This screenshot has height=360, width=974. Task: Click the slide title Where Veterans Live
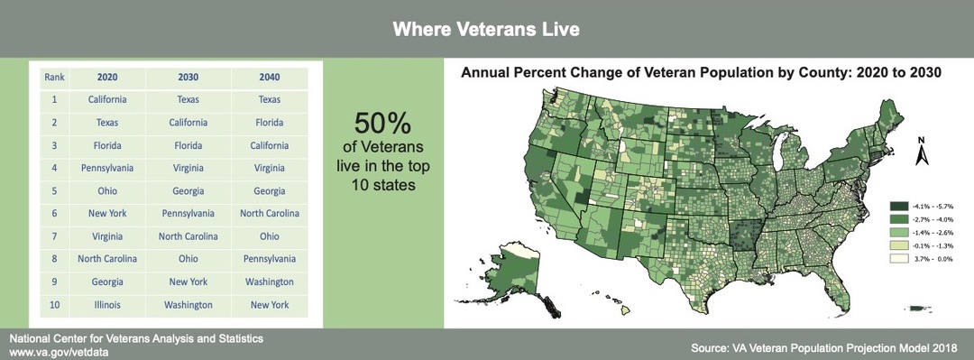486,29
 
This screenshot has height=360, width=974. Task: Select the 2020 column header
107,77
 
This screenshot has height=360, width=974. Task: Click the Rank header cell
53,77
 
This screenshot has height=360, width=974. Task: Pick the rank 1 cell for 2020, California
107,99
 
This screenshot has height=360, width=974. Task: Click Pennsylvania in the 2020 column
107,167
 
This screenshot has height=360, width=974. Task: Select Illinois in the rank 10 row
107,305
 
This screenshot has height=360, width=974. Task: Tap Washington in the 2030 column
188,305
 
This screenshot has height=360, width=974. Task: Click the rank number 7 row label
54,236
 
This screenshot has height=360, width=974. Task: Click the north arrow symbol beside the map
922,153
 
